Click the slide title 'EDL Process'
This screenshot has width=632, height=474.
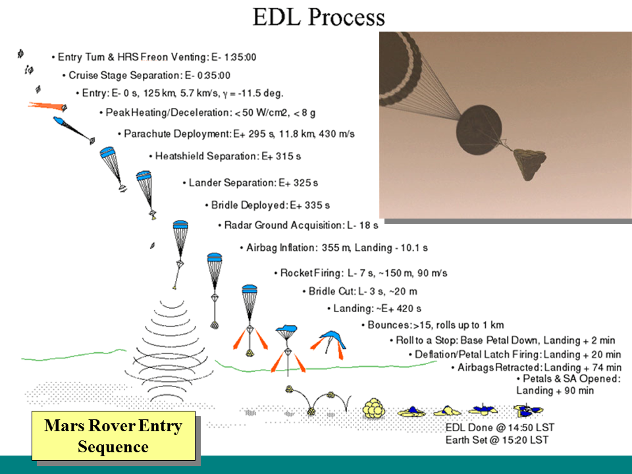[x=319, y=17]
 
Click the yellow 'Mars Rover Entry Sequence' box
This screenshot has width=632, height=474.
[x=113, y=436]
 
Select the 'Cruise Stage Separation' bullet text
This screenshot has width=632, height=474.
[x=149, y=75]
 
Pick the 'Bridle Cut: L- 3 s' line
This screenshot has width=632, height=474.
[x=363, y=291]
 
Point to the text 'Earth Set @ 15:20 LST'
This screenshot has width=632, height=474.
[x=497, y=440]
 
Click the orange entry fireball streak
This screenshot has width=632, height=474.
[x=47, y=105]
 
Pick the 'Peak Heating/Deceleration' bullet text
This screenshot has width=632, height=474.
[x=210, y=113]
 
